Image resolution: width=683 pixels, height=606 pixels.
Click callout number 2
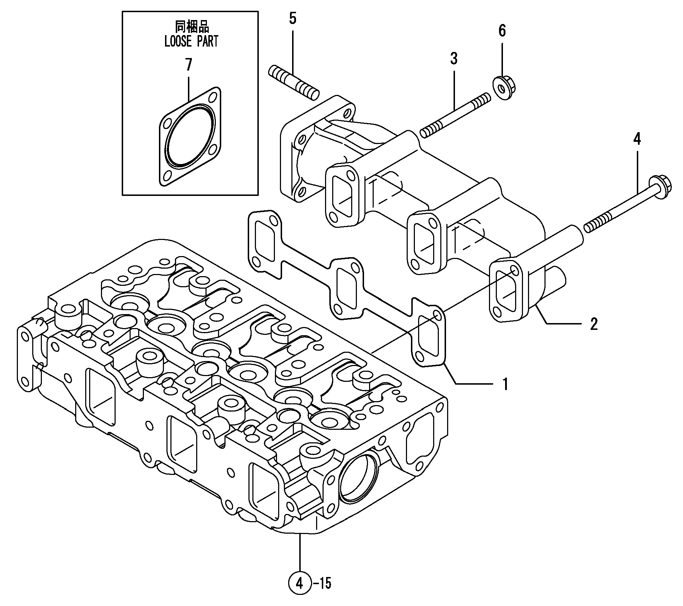(x=594, y=324)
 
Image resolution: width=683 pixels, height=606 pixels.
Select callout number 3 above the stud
(x=454, y=58)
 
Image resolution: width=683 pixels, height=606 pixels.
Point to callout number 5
(x=293, y=18)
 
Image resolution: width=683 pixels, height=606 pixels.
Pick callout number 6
(x=502, y=31)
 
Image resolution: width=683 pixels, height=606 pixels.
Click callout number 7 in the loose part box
(x=188, y=65)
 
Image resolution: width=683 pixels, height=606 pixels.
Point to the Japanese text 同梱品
(x=191, y=26)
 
